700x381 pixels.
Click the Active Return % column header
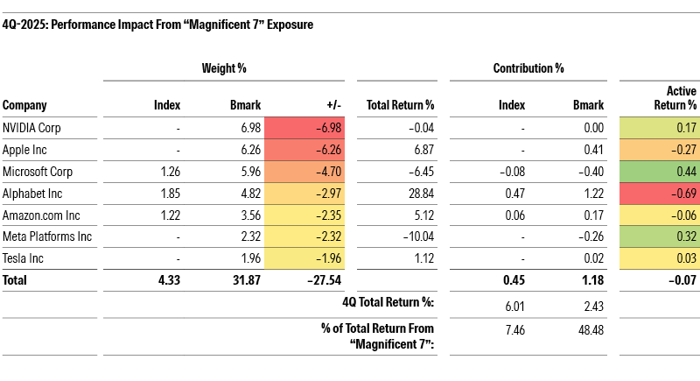[x=676, y=98]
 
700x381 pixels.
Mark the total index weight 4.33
[x=167, y=281]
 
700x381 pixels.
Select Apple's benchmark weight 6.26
[x=249, y=151]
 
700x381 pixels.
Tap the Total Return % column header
[x=400, y=105]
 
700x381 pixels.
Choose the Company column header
[x=24, y=105]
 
